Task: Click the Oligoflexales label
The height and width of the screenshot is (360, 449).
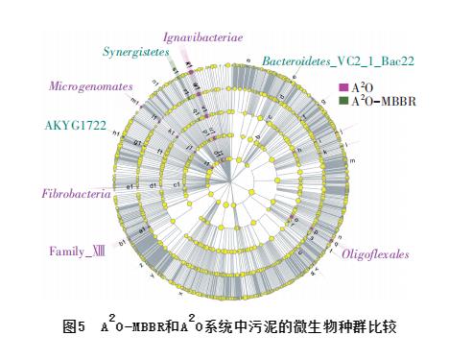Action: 375,254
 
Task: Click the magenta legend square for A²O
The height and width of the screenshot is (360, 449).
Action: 343,86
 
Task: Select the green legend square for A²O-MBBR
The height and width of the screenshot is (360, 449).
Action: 343,100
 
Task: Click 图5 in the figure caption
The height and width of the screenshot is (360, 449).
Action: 75,327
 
